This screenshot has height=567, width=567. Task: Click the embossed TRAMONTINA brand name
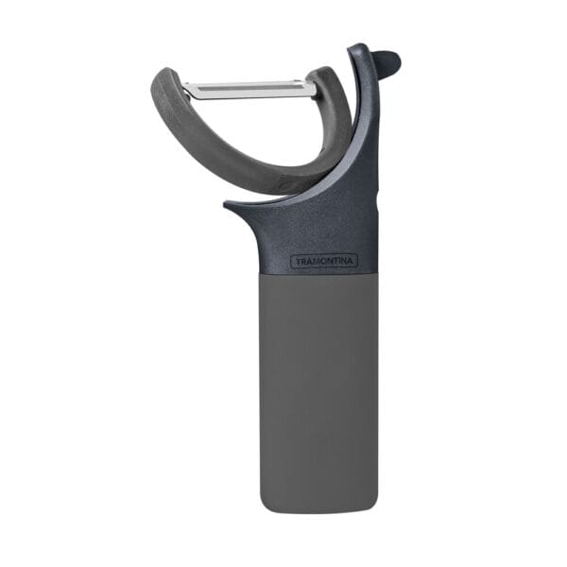click(324, 261)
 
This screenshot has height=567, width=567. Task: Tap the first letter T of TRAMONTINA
click(299, 262)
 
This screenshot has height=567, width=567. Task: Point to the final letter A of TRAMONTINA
click(350, 261)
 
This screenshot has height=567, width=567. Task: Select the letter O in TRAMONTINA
click(321, 261)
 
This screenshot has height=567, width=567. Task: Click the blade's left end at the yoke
click(184, 90)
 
